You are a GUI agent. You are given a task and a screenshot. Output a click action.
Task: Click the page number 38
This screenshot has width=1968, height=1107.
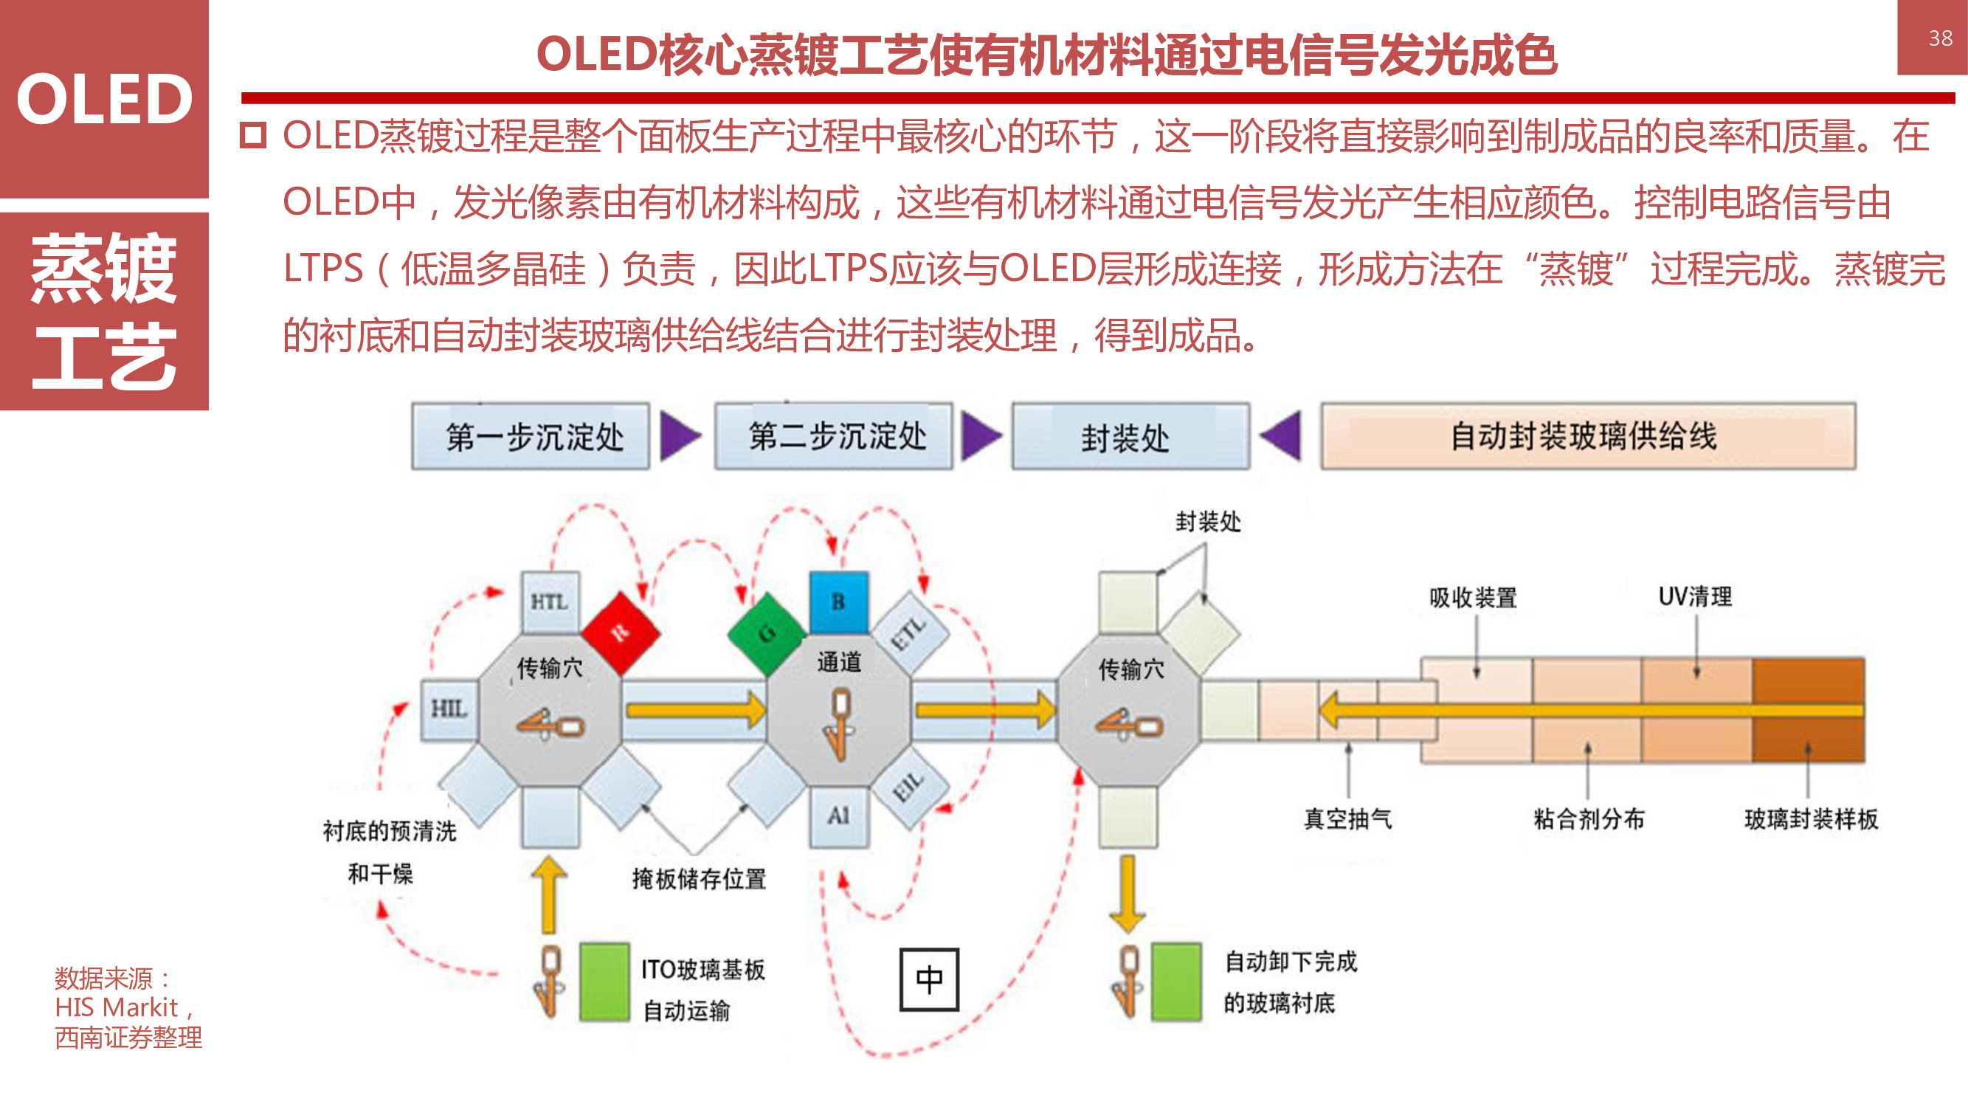[x=1940, y=38]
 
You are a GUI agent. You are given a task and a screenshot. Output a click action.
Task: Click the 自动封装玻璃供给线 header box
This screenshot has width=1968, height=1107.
[x=1587, y=436]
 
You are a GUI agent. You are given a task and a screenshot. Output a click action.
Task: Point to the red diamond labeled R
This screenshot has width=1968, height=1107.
[x=621, y=632]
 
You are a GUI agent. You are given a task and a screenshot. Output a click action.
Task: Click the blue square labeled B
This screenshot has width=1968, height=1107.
[x=838, y=602]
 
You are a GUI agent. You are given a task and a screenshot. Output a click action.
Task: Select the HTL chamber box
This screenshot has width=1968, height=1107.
[x=549, y=602]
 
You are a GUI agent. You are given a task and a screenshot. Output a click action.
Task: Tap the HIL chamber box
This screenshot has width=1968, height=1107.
[x=449, y=709]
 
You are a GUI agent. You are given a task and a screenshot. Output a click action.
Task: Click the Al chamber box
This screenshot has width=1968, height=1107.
[x=838, y=816]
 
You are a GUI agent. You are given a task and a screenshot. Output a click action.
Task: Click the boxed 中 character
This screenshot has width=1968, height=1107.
[x=929, y=979]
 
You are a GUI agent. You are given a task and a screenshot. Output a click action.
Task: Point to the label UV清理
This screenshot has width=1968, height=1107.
[x=1694, y=596]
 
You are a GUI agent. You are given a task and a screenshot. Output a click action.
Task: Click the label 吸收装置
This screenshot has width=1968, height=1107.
[x=1472, y=598]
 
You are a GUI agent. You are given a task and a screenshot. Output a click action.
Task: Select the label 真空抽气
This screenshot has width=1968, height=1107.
[x=1347, y=819]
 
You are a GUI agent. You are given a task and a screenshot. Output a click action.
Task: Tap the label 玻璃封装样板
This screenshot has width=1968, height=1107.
[x=1811, y=819]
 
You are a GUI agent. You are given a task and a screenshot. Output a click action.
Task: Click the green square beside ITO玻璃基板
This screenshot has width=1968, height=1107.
[x=604, y=982]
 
